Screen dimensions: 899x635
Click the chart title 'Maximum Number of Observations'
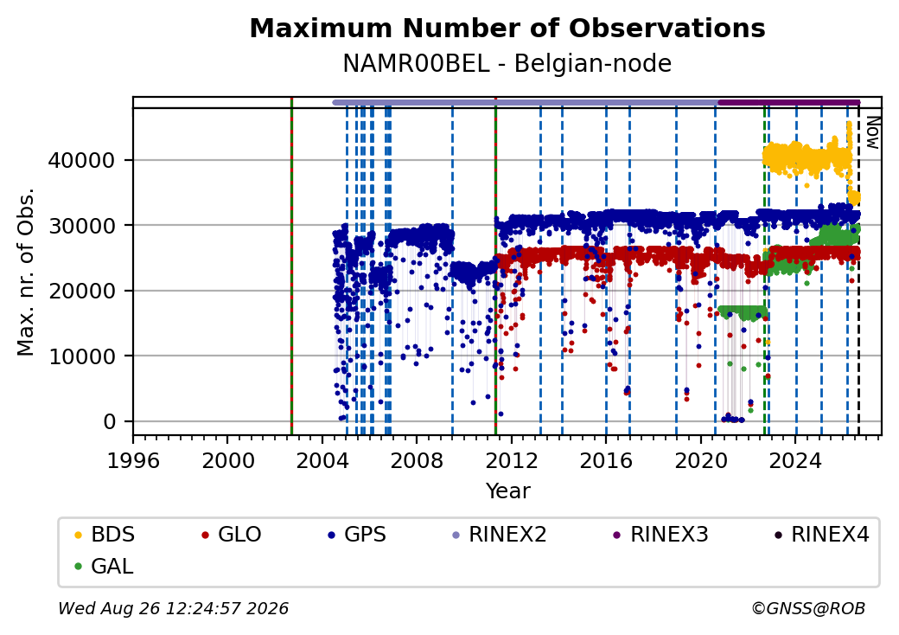pos(507,28)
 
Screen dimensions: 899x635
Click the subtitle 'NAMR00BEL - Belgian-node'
pos(507,63)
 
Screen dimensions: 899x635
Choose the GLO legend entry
pos(232,535)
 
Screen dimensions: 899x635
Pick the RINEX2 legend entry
pos(500,535)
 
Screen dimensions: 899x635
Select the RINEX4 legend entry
pos(821,535)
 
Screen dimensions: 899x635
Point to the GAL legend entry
pos(104,566)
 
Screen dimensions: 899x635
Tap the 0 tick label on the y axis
pos(110,422)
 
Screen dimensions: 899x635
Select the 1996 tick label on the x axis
pos(134,460)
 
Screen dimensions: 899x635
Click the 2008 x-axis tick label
pos(417,460)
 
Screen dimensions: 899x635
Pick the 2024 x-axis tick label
pos(795,460)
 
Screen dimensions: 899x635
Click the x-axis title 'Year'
pos(508,491)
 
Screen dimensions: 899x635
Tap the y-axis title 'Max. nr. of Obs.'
pos(26,272)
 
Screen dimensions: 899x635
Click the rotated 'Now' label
pos(872,132)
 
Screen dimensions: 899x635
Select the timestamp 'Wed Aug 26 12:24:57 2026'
pos(174,608)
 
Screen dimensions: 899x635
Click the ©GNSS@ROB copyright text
pos(808,608)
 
